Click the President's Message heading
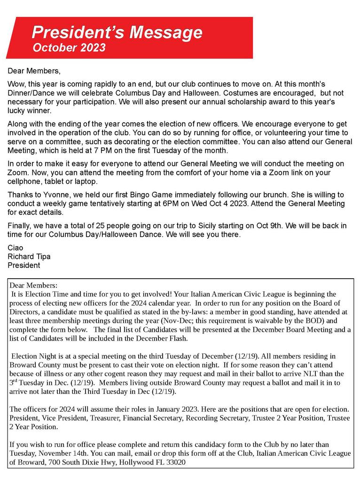click(117, 32)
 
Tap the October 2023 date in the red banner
click(69, 47)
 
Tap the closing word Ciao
click(16, 248)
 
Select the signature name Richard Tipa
click(29, 257)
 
